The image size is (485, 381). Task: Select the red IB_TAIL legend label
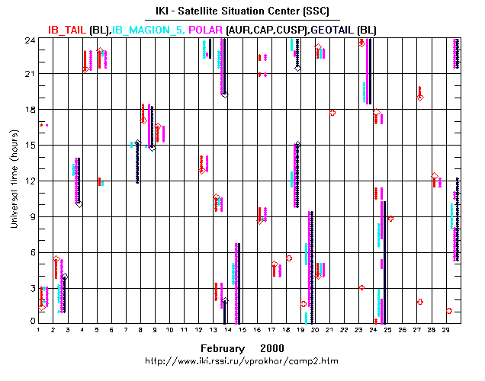tap(67, 29)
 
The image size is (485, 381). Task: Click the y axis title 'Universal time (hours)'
tap(13, 181)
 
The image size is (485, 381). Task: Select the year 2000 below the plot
tap(271, 347)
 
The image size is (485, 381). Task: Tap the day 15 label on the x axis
tap(242, 331)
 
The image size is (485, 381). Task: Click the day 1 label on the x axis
tap(39, 331)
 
